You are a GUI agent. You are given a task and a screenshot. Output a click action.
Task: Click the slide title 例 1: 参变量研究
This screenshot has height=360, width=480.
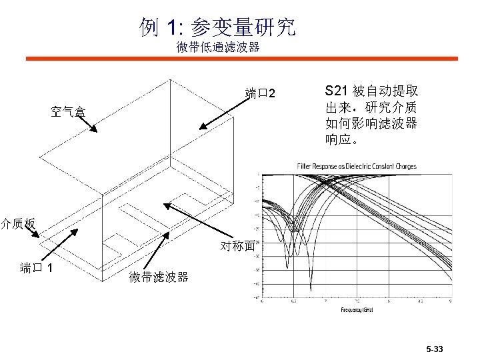point(217,27)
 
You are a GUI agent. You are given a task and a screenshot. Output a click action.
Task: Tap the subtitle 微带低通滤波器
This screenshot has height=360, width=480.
point(217,47)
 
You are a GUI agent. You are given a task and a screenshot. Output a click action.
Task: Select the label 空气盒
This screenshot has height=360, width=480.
point(68,112)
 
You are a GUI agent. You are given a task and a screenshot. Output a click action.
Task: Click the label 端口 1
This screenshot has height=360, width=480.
point(41,268)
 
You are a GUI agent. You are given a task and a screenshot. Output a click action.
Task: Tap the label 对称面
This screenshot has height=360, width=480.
point(237,246)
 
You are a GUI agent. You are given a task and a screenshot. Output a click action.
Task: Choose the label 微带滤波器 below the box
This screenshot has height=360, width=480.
point(159,277)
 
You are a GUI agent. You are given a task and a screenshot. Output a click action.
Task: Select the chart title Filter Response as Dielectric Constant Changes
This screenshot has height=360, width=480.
point(356,166)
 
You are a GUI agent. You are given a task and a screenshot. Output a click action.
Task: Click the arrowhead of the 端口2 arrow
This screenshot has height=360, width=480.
point(200,127)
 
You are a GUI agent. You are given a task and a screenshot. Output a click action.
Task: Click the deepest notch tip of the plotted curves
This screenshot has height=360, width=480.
point(311,290)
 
